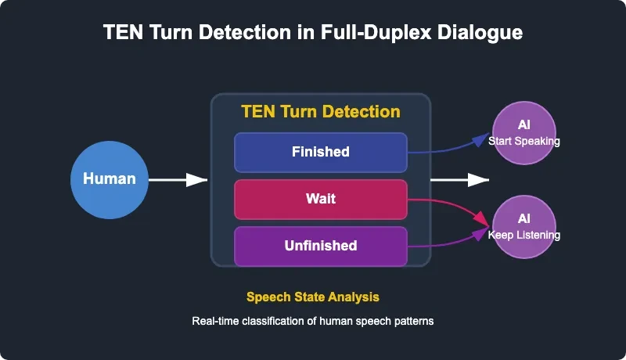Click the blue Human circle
tap(110, 179)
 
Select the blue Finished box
tap(321, 152)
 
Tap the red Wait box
tap(321, 199)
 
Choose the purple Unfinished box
tap(321, 246)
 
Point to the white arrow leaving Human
tap(178, 180)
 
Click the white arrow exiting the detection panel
tap(459, 180)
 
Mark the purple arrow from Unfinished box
tap(450, 240)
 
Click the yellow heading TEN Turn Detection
tap(321, 111)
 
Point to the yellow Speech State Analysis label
tap(313, 297)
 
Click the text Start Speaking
tap(524, 141)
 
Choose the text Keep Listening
tap(524, 235)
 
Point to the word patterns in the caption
tap(413, 322)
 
